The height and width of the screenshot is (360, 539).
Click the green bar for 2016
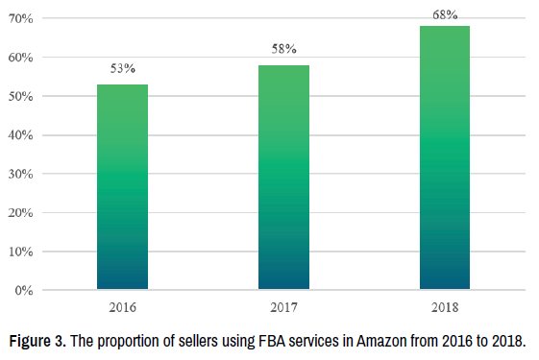click(122, 186)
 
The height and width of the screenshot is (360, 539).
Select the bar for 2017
click(283, 177)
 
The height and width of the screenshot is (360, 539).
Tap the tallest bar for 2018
click(445, 157)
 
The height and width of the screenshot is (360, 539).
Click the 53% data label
click(123, 68)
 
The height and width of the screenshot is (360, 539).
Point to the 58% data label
click(284, 49)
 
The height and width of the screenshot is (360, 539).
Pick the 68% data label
click(445, 14)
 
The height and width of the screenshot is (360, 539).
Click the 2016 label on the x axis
click(123, 307)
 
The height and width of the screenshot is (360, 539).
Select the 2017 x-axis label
click(284, 307)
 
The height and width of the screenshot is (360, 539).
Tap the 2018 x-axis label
click(445, 307)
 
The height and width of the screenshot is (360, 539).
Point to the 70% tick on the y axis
click(21, 18)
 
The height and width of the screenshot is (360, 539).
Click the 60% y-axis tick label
click(21, 58)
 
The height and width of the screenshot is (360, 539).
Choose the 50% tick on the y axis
click(21, 96)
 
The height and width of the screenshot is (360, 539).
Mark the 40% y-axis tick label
click(21, 135)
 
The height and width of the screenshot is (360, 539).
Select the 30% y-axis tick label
click(21, 174)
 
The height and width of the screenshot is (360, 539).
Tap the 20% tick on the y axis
click(21, 212)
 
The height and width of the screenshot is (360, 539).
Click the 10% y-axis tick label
click(21, 252)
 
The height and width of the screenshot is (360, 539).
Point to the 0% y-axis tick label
click(24, 291)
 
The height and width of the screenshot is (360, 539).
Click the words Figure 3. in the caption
click(37, 342)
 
